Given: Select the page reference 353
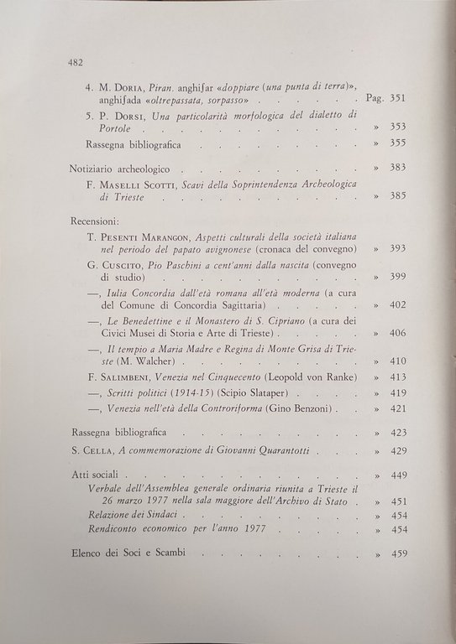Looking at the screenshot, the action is (x=396, y=127).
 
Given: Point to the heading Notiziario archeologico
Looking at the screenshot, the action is (x=123, y=168).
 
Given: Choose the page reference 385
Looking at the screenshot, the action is (x=397, y=196).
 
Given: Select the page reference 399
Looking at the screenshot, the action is (x=397, y=277).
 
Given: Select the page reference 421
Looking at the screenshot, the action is (x=397, y=408).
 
